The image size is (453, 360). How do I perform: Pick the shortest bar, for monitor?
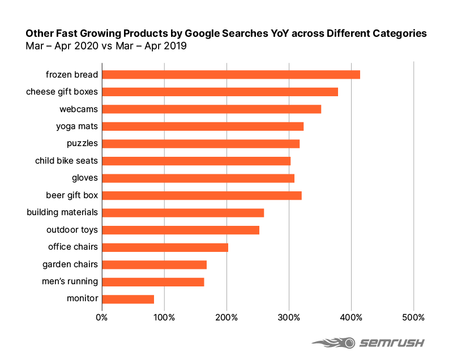[128, 299]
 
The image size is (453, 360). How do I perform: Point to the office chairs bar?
[165, 247]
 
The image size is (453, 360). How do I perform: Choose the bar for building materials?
[183, 213]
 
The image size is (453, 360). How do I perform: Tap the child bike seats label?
[66, 161]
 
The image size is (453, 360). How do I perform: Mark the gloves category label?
[84, 178]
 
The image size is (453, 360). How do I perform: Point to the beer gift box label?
[71, 195]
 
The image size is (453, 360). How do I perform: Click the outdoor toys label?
[72, 230]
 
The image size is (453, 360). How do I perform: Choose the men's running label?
[70, 281]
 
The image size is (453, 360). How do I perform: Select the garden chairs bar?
[154, 264]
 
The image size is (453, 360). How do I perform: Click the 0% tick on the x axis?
[102, 316]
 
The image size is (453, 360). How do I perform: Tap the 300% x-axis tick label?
[289, 316]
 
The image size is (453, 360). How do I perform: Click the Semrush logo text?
[390, 343]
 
